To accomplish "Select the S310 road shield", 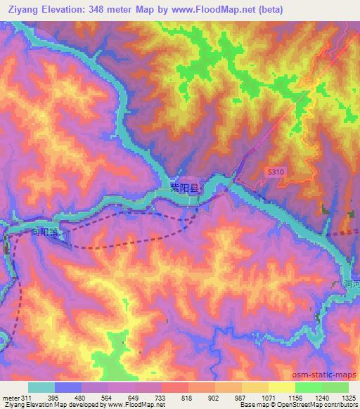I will pos(276,171).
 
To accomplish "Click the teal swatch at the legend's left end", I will pos(41,387).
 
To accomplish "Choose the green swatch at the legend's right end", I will pos(335,387).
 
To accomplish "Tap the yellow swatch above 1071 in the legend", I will pos(255,387).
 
